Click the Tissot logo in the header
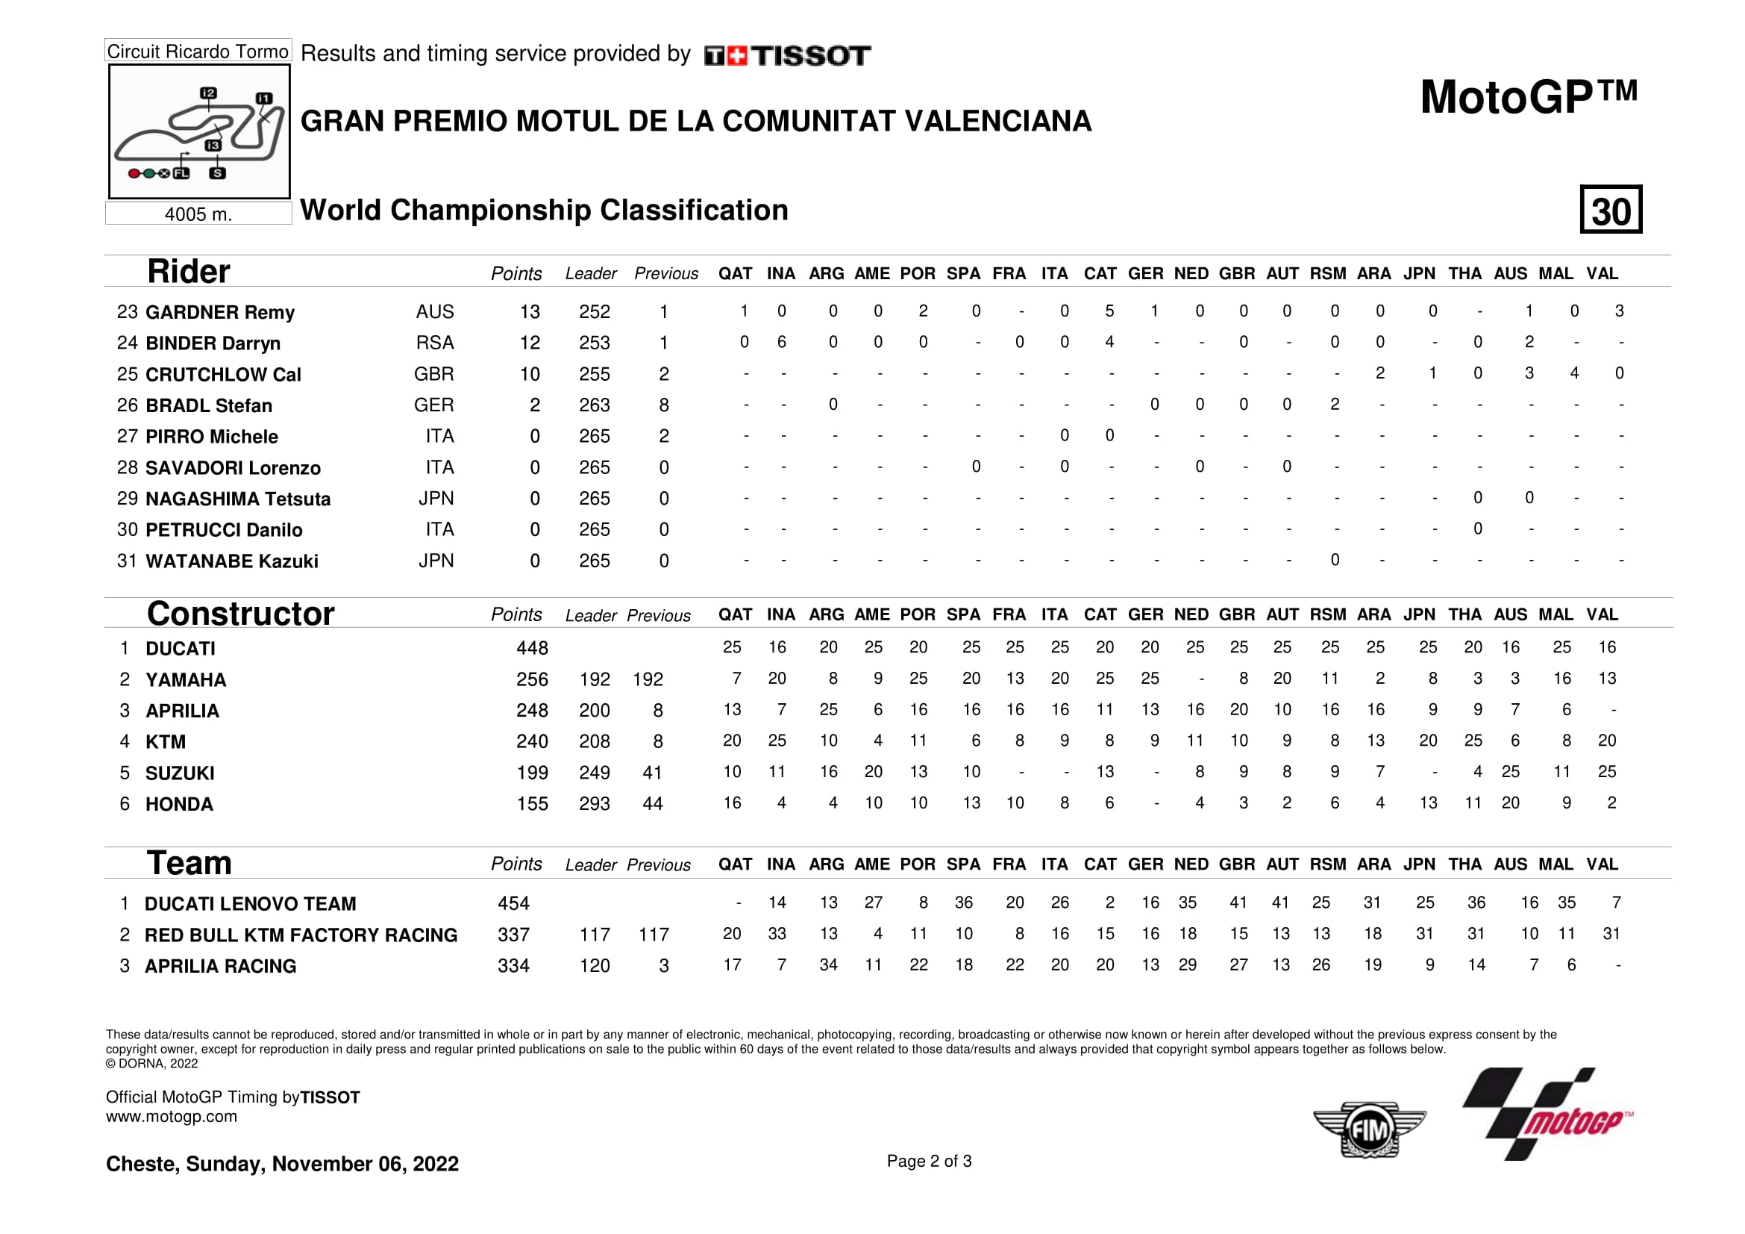coord(787,55)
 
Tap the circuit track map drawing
coord(199,131)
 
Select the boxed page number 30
coord(1611,210)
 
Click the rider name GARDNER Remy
coord(219,313)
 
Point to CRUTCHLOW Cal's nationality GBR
coord(433,374)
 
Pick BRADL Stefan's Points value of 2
coord(534,405)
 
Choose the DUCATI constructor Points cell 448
coord(532,648)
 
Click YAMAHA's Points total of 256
coord(532,679)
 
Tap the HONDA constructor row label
coord(179,804)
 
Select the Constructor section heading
coord(240,614)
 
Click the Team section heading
coord(189,863)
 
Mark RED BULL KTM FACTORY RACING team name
coord(301,935)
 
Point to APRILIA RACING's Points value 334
coord(514,965)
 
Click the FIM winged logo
coord(1369,1129)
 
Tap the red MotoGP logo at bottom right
coord(1548,1115)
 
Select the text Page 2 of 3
coord(929,1161)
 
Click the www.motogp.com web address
coord(171,1116)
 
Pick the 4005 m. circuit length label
coord(198,214)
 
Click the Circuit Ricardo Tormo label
coord(198,51)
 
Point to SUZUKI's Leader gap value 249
coord(595,773)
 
